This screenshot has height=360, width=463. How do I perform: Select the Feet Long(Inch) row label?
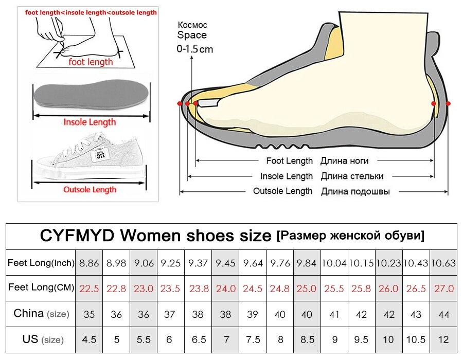pyautogui.click(x=41, y=263)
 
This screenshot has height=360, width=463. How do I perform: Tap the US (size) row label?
pyautogui.click(x=41, y=339)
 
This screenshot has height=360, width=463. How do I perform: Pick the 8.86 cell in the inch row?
pyautogui.click(x=89, y=263)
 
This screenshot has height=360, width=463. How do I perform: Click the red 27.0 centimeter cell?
pyautogui.click(x=443, y=288)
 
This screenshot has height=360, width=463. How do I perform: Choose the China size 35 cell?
pyautogui.click(x=89, y=314)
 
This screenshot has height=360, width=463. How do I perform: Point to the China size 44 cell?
pyautogui.click(x=443, y=314)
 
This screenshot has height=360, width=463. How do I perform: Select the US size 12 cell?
pyautogui.click(x=443, y=339)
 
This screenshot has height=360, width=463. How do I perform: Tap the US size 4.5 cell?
pyautogui.click(x=89, y=339)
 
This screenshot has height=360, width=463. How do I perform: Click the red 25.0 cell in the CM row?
pyautogui.click(x=307, y=288)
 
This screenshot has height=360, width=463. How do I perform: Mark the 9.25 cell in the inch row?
pyautogui.click(x=171, y=263)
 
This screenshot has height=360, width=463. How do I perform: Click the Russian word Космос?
pyautogui.click(x=192, y=25)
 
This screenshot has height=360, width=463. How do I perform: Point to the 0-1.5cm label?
pyautogui.click(x=194, y=49)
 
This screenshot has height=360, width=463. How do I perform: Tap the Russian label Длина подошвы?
pyautogui.click(x=355, y=191)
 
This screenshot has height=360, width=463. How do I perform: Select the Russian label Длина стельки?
pyautogui.click(x=352, y=176)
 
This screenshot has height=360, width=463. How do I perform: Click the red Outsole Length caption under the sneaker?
pyautogui.click(x=90, y=189)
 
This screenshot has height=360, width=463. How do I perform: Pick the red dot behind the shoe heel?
pyautogui.click(x=448, y=103)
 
